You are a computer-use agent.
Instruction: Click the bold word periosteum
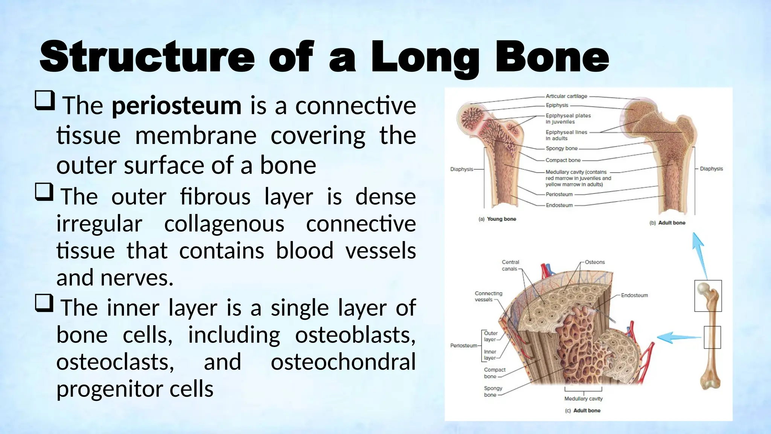tap(176, 106)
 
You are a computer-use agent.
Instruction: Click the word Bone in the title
tap(552, 57)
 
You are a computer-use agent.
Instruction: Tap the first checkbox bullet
tap(45, 100)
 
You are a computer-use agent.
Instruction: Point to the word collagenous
tap(224, 224)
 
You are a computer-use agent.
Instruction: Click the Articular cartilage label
tap(566, 96)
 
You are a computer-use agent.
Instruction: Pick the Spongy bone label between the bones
tap(561, 148)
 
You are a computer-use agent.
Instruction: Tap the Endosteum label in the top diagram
tap(559, 205)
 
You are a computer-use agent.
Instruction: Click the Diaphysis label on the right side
tap(711, 169)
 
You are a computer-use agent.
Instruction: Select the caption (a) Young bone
tap(497, 219)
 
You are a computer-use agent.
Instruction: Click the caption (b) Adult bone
tap(667, 223)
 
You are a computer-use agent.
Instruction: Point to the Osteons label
tap(595, 262)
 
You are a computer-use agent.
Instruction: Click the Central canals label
tap(510, 265)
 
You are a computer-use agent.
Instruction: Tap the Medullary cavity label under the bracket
tap(583, 399)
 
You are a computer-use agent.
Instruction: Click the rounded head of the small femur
tap(703, 289)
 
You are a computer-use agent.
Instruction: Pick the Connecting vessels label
tap(488, 296)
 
